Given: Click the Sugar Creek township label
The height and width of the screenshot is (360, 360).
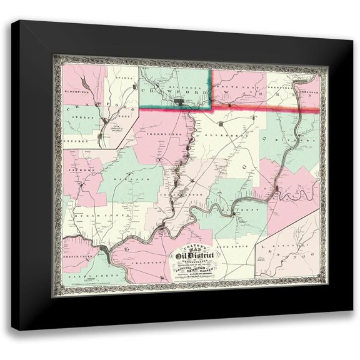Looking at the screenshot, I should pyautogui.click(x=89, y=214).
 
